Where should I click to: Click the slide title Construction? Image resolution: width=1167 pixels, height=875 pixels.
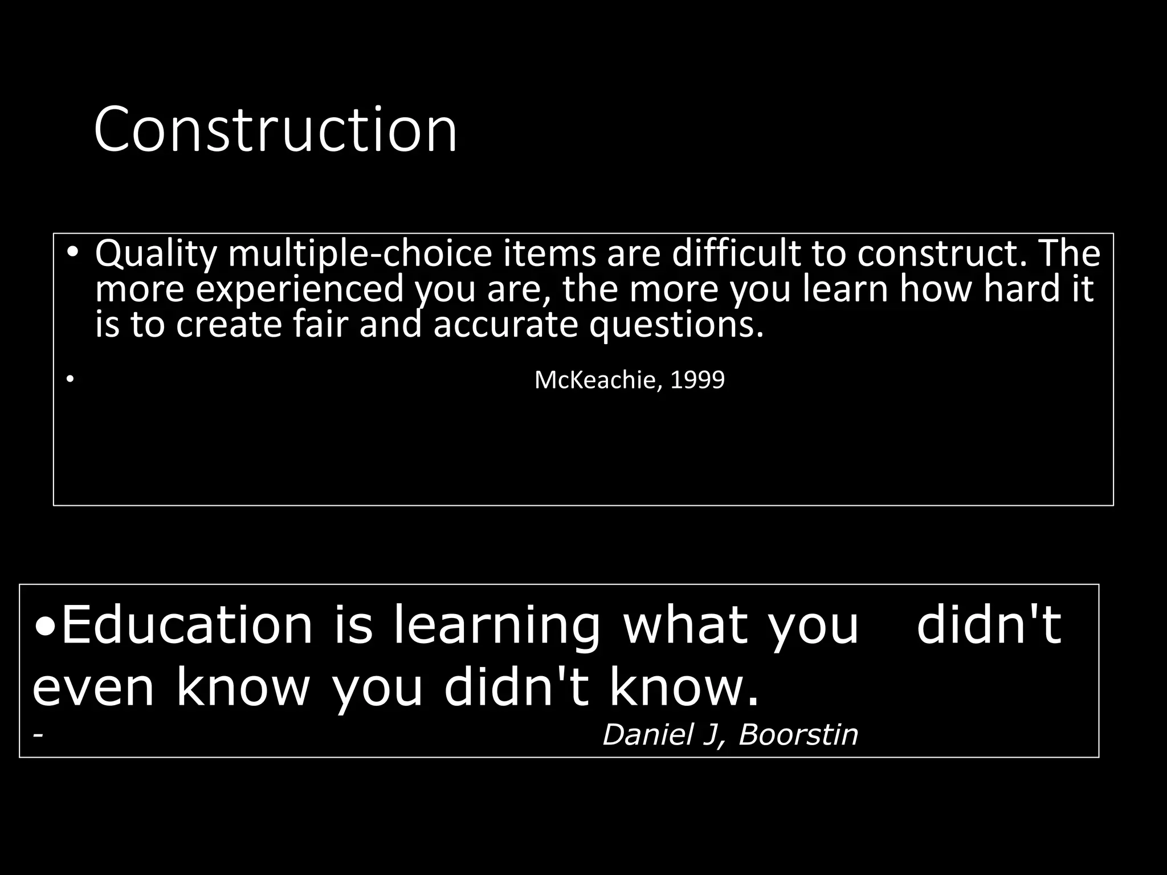point(275,129)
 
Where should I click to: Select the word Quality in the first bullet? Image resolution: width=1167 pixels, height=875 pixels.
point(156,254)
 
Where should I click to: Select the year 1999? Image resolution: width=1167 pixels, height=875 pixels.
point(697,380)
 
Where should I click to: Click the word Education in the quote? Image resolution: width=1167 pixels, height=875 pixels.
point(187,625)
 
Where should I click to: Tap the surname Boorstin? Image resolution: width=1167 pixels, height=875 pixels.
point(798,734)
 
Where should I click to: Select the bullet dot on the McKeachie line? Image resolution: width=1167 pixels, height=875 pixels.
point(70,379)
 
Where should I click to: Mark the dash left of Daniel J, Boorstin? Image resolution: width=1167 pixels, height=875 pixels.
point(38,735)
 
